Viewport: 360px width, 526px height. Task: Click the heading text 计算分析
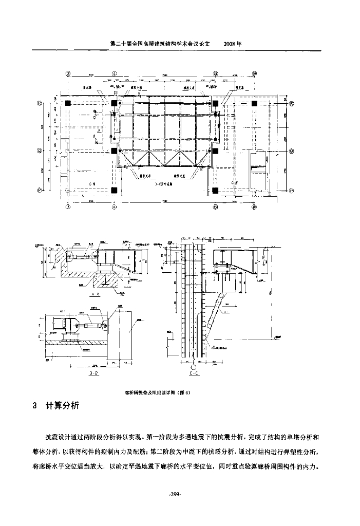point(62,406)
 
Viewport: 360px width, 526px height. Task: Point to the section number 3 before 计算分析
point(34,406)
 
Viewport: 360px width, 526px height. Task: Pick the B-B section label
point(93,373)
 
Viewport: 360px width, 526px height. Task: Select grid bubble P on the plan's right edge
point(291,190)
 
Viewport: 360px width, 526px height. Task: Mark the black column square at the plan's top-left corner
point(68,103)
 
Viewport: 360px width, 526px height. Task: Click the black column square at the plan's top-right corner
point(254,103)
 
